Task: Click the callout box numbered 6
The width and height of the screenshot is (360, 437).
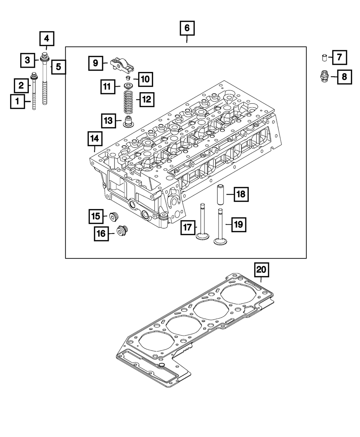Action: click(187, 28)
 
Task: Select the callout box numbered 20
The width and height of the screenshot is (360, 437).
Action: click(261, 270)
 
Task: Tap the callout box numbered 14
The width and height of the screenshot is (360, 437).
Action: click(94, 139)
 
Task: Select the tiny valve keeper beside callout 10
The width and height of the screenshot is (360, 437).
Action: click(127, 78)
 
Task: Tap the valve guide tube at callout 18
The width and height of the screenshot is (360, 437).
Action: click(220, 194)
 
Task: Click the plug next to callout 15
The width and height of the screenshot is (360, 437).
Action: click(113, 216)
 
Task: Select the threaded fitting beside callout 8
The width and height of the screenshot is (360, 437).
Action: click(324, 76)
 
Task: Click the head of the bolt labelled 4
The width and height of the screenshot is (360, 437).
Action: click(45, 56)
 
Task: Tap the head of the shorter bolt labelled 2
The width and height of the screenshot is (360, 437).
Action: click(35, 76)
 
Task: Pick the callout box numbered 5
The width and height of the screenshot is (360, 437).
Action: click(58, 67)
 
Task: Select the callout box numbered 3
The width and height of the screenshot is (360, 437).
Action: click(27, 60)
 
